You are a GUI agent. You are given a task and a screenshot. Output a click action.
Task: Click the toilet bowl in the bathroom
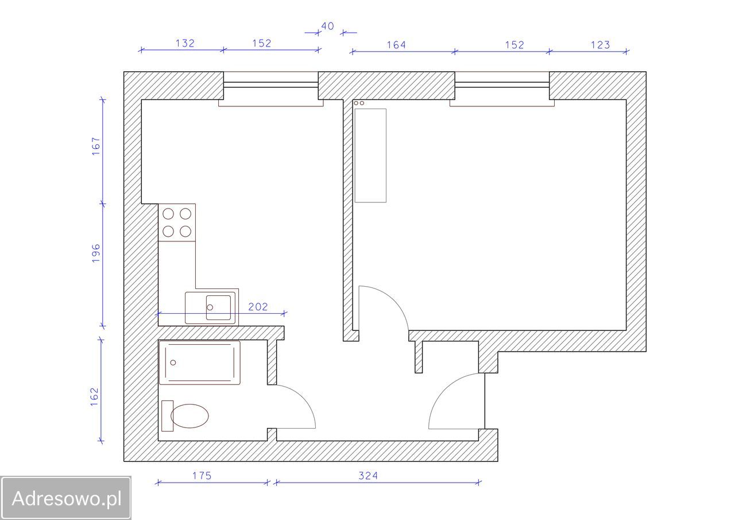[x=189, y=416]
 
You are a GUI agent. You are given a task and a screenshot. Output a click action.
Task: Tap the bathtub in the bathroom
[x=199, y=363]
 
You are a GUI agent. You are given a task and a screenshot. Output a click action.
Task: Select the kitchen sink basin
[x=218, y=307]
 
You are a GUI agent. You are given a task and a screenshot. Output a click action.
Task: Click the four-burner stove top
[x=177, y=222]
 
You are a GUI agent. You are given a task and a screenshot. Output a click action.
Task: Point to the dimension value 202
[x=258, y=307]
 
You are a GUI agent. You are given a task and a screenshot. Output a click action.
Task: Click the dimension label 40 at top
[x=327, y=26]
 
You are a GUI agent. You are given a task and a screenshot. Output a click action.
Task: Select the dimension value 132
[x=185, y=43]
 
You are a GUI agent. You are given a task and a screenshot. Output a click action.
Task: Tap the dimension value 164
[x=396, y=45]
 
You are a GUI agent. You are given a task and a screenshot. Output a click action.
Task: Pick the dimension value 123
[x=600, y=45]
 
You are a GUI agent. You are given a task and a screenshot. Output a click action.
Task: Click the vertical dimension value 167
[x=95, y=146]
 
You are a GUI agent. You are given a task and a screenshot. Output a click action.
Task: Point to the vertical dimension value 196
[x=95, y=253]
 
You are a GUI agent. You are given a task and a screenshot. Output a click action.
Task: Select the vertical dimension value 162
[x=95, y=397]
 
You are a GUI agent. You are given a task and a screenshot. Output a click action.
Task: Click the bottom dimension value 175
[x=202, y=475]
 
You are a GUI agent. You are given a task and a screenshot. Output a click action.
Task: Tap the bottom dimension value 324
[x=368, y=475]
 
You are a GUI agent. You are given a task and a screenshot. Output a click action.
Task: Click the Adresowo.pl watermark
[x=67, y=498]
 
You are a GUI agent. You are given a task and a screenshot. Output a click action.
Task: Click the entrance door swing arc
[x=440, y=390]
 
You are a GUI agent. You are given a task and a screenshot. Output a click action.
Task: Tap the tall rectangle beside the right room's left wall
[x=370, y=156]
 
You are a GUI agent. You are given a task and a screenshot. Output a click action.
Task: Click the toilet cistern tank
[x=167, y=416]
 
